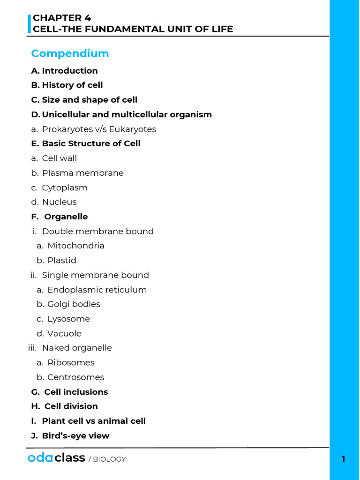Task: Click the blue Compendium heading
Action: tap(70, 53)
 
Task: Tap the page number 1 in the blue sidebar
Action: tap(343, 459)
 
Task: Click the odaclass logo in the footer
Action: tap(56, 458)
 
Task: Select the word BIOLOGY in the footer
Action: tap(109, 459)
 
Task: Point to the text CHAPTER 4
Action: tap(62, 18)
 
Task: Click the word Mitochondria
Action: tap(75, 246)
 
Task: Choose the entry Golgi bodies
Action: tap(74, 304)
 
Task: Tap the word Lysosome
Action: tap(68, 319)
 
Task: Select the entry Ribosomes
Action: tap(71, 363)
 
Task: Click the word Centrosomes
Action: tap(75, 377)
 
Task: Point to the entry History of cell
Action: tap(72, 85)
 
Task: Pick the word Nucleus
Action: tap(59, 202)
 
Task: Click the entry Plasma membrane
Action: tap(82, 173)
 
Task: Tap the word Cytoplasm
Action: tap(65, 187)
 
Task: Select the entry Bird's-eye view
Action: tap(75, 436)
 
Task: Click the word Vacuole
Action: tap(64, 334)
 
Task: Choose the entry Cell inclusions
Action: tap(76, 392)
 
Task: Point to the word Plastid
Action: tap(61, 261)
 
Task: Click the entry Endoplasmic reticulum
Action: tap(97, 290)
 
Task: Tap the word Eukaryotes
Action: tap(133, 129)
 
